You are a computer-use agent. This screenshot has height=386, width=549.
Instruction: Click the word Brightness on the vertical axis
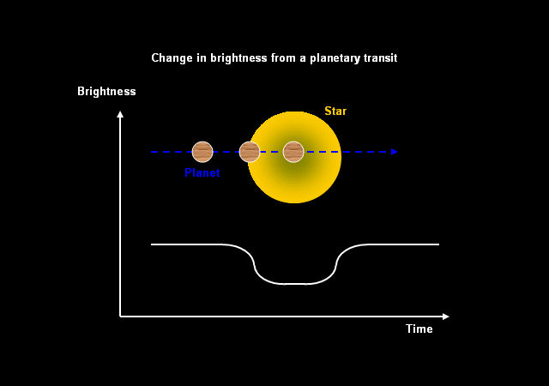point(106,92)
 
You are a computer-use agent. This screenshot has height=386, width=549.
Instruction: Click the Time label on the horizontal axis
point(419,329)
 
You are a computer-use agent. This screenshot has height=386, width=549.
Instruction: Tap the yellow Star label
point(335,111)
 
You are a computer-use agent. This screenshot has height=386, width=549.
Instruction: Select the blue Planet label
point(202,172)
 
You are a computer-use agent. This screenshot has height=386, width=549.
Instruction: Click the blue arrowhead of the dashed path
point(395,152)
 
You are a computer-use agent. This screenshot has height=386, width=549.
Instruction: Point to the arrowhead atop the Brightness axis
point(120,114)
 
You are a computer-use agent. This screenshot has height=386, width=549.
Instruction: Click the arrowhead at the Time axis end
point(446,317)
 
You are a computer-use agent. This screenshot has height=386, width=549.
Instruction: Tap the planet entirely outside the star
point(202,152)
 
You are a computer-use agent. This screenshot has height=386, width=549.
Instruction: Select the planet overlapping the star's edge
point(250,152)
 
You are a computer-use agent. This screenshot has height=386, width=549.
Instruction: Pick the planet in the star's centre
point(293,152)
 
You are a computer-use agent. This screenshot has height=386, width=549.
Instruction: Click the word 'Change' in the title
point(172,58)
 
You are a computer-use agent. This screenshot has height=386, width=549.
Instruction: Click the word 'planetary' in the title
point(335,58)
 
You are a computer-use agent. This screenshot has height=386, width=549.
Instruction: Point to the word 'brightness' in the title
point(238,58)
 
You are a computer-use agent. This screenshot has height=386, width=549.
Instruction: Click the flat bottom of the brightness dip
point(294,284)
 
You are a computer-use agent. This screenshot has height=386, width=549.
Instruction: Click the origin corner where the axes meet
point(120,317)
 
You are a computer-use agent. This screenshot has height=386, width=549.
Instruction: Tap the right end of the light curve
point(438,244)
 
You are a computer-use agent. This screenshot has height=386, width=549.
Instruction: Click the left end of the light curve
point(151,244)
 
